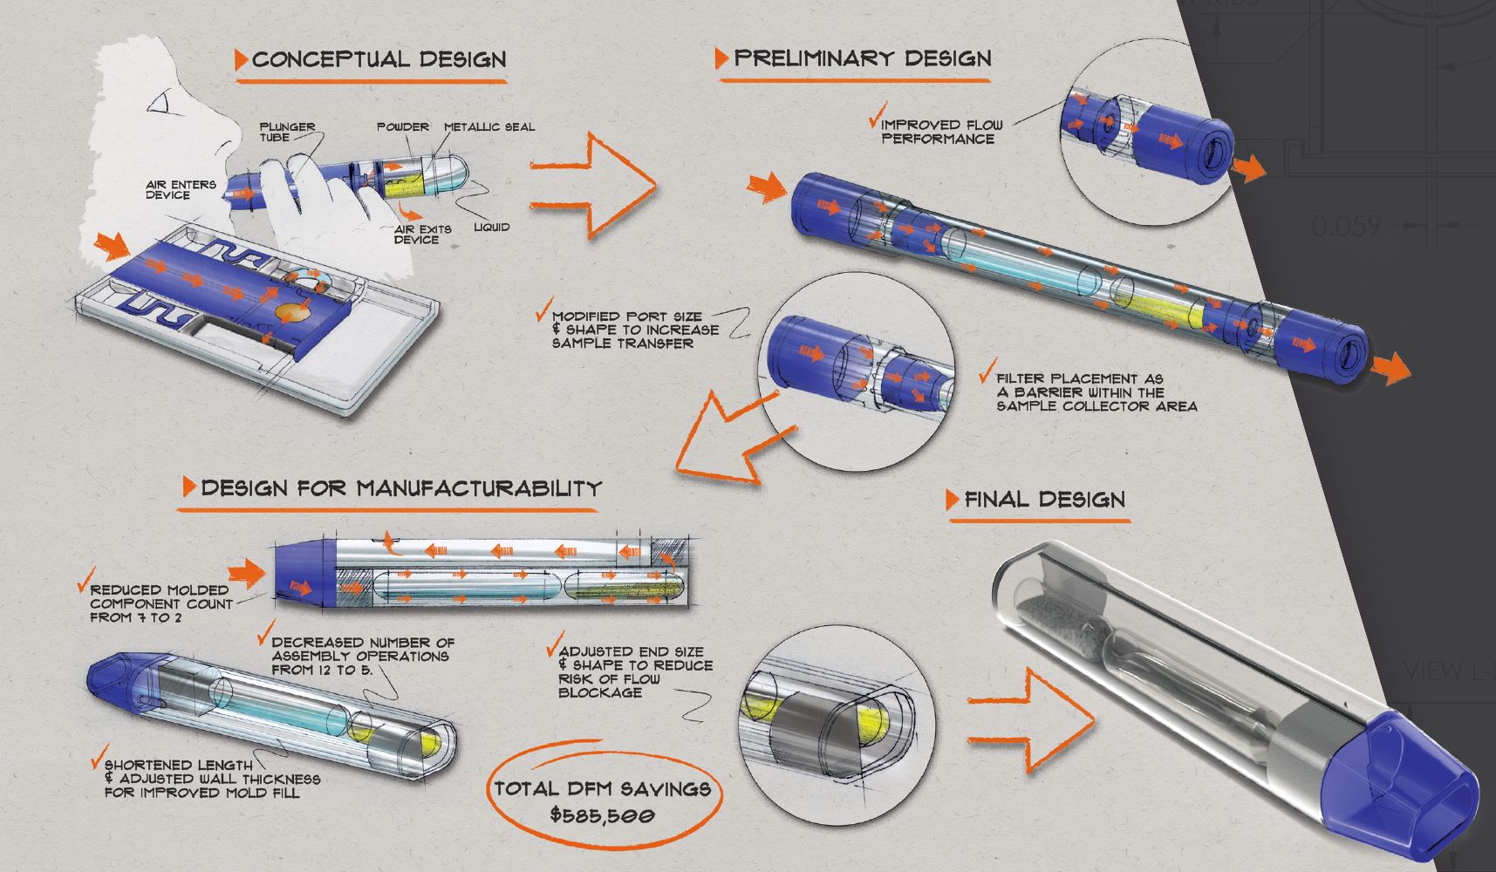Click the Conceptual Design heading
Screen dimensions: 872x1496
click(379, 60)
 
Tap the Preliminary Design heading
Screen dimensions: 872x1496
click(862, 58)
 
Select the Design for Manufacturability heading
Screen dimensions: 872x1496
click(400, 487)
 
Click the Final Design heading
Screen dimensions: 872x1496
click(1044, 500)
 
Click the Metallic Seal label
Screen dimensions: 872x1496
click(489, 126)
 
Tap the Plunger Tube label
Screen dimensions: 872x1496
click(287, 132)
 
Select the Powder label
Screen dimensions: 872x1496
click(403, 126)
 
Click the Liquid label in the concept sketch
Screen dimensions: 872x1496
click(491, 227)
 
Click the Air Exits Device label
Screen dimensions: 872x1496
click(422, 234)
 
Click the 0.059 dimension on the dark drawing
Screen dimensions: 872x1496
click(1347, 226)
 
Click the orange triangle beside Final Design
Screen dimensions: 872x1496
click(953, 500)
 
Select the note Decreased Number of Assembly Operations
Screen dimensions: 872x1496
click(362, 656)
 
